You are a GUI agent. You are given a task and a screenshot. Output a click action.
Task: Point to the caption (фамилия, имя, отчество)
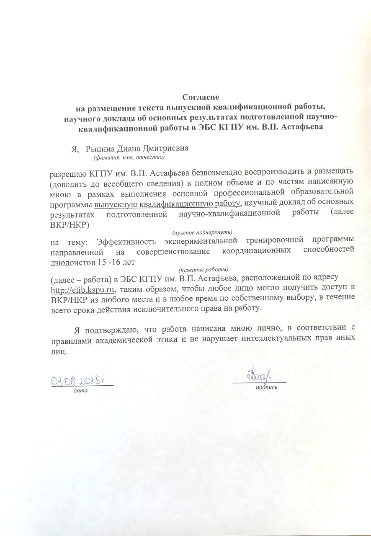[x=129, y=157]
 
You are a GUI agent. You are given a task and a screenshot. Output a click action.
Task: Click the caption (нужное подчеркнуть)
[x=203, y=232]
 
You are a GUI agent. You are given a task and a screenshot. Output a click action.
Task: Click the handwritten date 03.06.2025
[x=77, y=381]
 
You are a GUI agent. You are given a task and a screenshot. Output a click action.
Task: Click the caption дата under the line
[x=80, y=391]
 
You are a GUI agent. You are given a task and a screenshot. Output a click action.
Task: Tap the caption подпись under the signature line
[x=266, y=387]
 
